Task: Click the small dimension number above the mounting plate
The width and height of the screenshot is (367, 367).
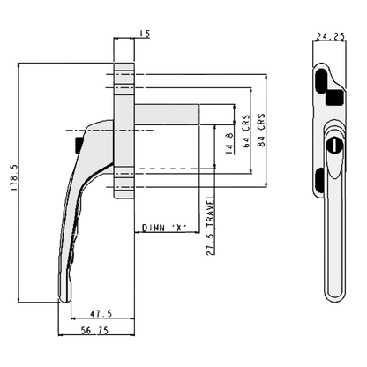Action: click(x=145, y=32)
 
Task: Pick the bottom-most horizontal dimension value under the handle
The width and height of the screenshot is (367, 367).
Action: click(x=98, y=329)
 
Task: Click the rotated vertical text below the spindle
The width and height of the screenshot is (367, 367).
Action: click(x=209, y=224)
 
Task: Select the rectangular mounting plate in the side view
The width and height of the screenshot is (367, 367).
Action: click(x=127, y=124)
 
